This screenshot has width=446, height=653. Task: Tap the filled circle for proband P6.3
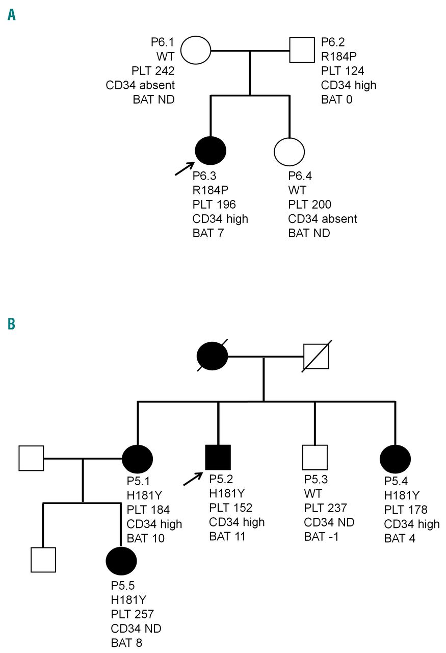click(x=211, y=152)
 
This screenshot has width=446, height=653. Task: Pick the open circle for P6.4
click(x=289, y=152)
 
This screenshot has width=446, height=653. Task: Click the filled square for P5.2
click(x=218, y=458)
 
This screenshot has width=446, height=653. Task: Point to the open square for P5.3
click(x=314, y=458)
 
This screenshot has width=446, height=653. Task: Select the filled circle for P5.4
click(x=395, y=458)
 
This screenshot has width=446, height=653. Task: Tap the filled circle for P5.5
click(x=121, y=560)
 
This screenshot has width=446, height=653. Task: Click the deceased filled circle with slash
click(x=212, y=356)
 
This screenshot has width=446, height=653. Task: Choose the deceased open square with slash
click(x=316, y=356)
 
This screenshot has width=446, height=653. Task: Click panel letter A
click(x=12, y=15)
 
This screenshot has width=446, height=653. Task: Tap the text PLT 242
click(x=152, y=70)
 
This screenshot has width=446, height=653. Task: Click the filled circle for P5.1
click(x=138, y=458)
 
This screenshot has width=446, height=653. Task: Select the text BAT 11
click(x=227, y=536)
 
